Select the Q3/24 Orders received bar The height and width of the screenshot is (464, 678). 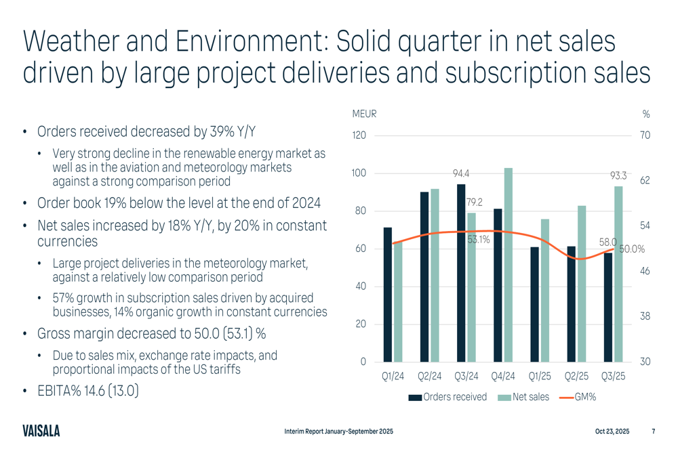[461, 272]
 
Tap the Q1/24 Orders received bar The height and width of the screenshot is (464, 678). [388, 294]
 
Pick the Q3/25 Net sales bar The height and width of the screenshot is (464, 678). [618, 274]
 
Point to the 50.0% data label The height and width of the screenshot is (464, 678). [632, 249]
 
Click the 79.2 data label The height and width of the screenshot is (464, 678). [474, 202]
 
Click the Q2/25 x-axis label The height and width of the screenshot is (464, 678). [576, 377]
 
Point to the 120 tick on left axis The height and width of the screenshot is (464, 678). [359, 135]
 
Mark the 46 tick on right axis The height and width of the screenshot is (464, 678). [645, 271]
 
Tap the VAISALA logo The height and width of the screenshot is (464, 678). [41, 431]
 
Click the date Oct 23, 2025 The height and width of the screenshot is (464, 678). [612, 431]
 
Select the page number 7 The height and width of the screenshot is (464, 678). [653, 431]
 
